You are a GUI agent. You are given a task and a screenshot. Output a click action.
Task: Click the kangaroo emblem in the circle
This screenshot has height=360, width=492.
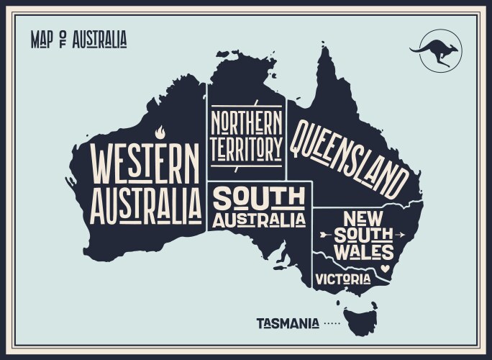coord(434,51)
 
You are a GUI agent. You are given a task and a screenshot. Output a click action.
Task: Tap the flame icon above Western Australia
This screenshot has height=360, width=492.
coord(160,132)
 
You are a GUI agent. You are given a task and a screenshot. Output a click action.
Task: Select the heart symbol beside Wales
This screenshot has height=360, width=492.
coord(386,269)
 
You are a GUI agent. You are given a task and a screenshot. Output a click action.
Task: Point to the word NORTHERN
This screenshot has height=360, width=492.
coord(247,122)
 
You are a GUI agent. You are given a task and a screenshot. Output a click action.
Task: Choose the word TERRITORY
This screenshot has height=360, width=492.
coord(247,149)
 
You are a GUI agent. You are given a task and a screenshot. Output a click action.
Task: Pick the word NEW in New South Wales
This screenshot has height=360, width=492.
coord(366,217)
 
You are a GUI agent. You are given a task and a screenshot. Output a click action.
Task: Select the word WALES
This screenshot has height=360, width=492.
coord(367,253)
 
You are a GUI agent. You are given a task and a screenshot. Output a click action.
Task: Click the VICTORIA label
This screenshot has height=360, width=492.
coord(343,279)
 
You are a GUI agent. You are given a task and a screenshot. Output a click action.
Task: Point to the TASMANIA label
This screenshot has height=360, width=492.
coord(288,324)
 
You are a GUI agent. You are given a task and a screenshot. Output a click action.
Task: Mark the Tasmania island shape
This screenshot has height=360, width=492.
coord(360,317)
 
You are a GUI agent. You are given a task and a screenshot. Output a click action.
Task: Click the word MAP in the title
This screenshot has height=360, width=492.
coord(42,40)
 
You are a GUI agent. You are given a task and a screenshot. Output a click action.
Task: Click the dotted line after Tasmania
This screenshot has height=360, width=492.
coord(332,325)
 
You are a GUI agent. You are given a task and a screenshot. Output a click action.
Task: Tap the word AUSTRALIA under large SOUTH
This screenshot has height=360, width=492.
coord(259,220)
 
